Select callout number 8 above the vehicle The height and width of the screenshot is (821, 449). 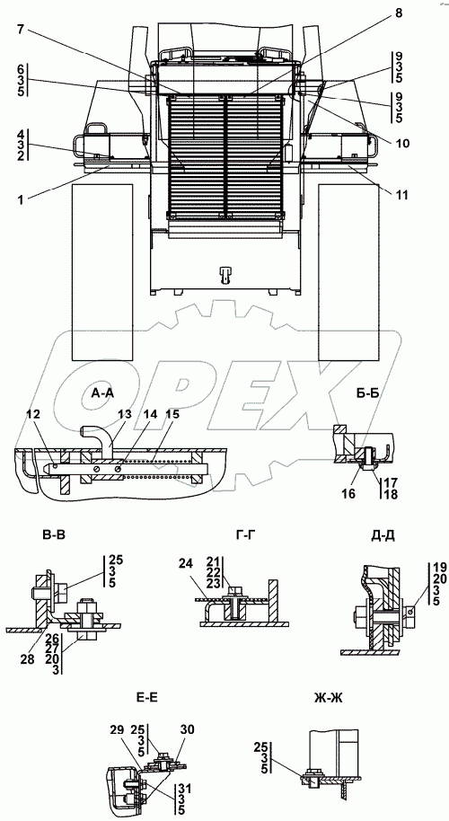(399, 14)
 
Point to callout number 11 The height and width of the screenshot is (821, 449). (401, 195)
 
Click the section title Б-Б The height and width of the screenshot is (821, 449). (368, 393)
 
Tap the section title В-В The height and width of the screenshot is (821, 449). (55, 534)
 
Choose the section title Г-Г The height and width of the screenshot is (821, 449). (247, 534)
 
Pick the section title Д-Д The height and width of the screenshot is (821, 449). (384, 534)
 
